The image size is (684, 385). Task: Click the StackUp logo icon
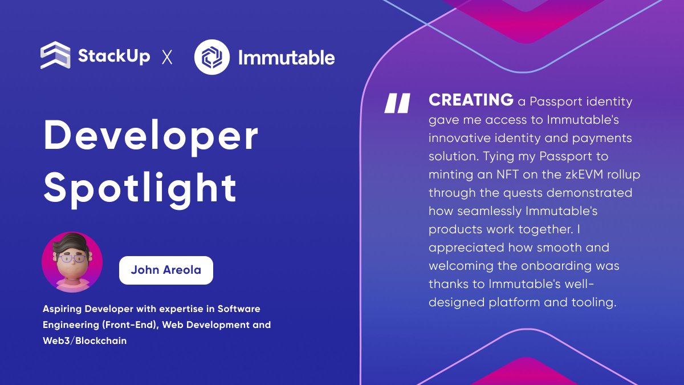coord(55,56)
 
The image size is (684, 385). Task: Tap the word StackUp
coord(114,56)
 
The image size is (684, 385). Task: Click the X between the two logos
coord(167,57)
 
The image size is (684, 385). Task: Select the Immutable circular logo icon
coord(212,56)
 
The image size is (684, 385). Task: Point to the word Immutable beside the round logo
coord(286,57)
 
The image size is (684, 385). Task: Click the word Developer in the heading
coord(151,136)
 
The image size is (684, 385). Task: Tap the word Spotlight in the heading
coord(140,187)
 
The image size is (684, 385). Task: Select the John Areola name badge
coord(166,270)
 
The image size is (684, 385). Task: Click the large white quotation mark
coord(397,103)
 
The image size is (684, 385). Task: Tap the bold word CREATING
coord(471,100)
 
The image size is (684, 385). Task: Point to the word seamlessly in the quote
coord(486,211)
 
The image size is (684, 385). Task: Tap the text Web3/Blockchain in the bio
coord(84,341)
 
